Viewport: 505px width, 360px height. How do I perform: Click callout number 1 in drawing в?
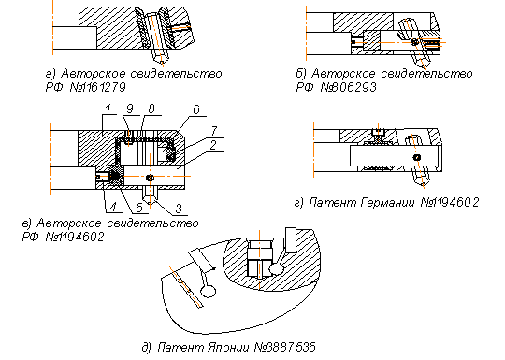click(108, 108)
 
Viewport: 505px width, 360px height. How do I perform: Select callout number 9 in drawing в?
click(129, 108)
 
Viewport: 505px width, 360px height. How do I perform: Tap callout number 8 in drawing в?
click(151, 108)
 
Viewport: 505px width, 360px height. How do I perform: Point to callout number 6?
click(196, 109)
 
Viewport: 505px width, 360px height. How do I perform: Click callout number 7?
click(214, 130)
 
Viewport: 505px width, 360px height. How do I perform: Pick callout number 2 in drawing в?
click(213, 145)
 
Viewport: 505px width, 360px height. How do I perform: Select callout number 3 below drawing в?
click(179, 209)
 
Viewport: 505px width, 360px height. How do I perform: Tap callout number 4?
click(113, 207)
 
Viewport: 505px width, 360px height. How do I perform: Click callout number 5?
click(139, 208)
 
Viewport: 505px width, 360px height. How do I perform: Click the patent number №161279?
click(97, 87)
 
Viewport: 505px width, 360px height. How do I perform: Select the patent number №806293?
click(348, 87)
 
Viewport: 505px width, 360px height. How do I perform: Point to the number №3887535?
click(285, 347)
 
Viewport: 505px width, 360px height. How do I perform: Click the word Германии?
click(388, 202)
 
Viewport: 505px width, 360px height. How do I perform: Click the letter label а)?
click(50, 74)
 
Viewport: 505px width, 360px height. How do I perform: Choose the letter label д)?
click(147, 348)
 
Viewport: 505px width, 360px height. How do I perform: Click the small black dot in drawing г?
click(417, 157)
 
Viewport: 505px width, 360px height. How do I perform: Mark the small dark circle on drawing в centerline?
click(150, 178)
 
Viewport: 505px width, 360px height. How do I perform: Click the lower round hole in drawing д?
click(208, 292)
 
